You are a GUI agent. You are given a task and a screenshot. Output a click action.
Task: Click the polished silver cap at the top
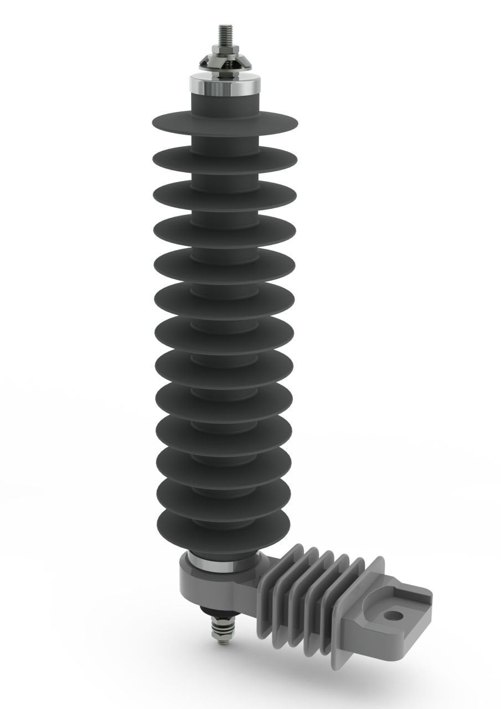(225, 84)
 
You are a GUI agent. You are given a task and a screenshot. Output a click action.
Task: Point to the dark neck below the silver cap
(225, 103)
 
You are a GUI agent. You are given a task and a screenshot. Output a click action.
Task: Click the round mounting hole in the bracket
(393, 615)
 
